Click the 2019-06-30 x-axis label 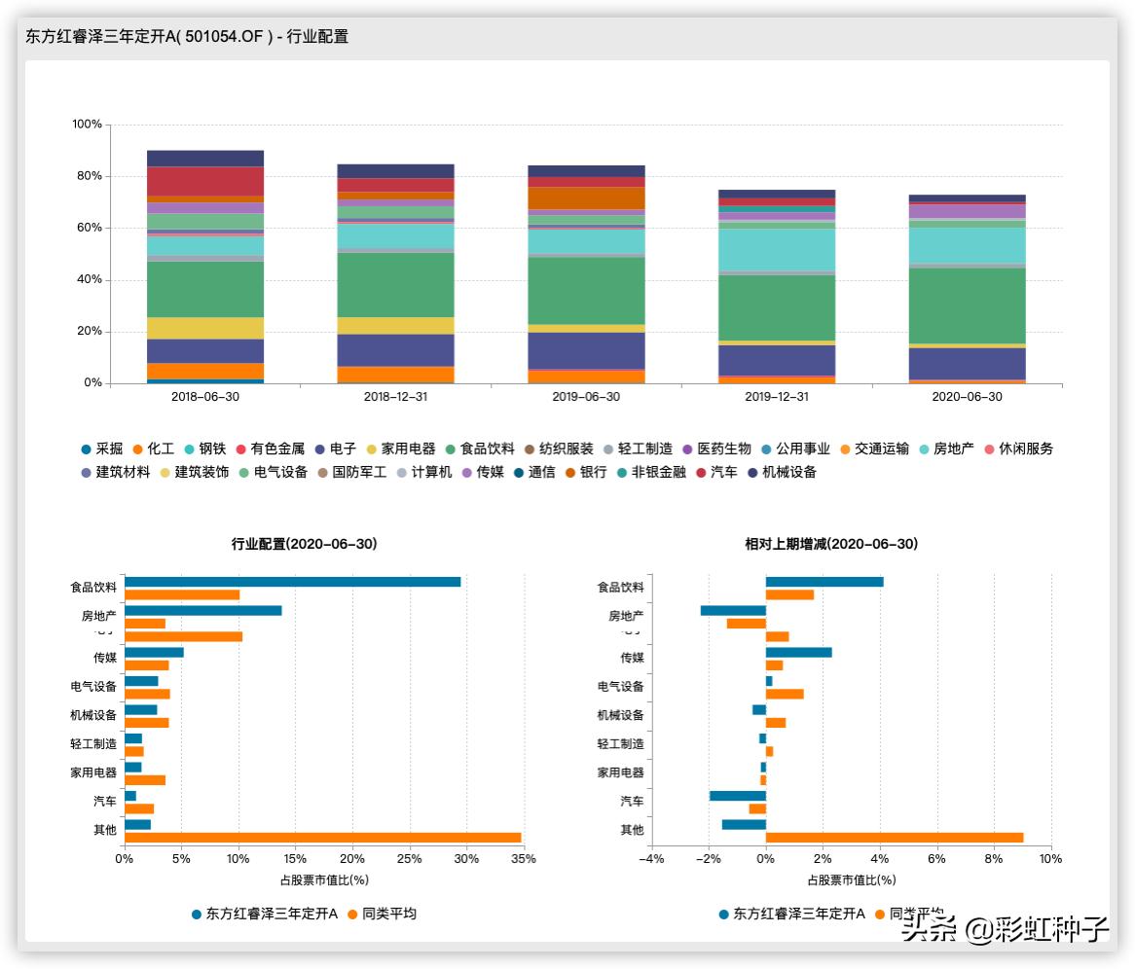586,397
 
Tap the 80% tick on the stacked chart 87,176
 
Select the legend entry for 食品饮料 481,449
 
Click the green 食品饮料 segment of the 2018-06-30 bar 205,289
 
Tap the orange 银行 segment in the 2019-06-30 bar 586,198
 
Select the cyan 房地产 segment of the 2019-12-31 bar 777,249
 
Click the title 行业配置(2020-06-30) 305,544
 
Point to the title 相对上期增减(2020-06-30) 831,544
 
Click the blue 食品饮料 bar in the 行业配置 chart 292,582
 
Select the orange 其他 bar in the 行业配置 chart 322,838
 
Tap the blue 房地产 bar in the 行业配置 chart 202,611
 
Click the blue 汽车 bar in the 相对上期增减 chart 737,796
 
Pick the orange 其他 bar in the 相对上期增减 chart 894,838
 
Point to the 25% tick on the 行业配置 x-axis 410,859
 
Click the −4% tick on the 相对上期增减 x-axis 650,859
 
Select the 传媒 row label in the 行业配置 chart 104,658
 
